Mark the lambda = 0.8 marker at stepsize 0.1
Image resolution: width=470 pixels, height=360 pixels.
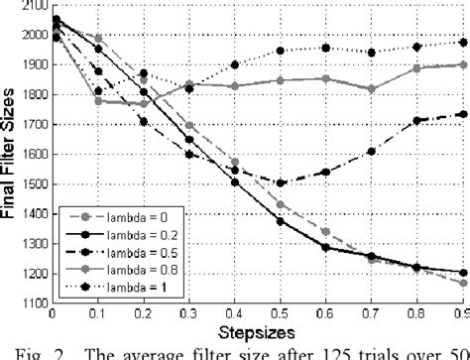[x=98, y=100]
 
